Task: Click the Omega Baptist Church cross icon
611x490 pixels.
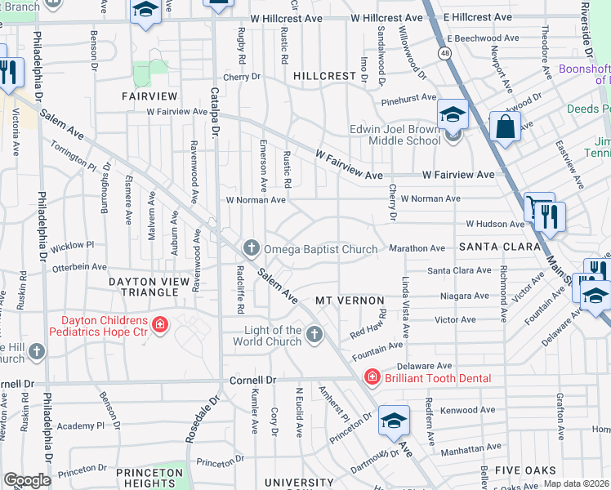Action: pos(251,247)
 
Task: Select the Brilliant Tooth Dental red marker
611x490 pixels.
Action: pos(372,378)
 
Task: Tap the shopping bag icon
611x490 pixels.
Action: pos(506,127)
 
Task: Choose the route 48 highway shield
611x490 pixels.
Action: pos(444,53)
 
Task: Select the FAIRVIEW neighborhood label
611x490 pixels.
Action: pos(149,96)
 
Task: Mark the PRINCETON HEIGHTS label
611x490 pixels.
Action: pos(149,478)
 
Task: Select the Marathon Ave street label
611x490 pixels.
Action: pos(417,248)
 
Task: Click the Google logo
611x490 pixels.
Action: pos(27,480)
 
